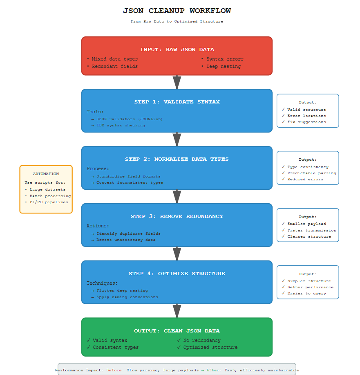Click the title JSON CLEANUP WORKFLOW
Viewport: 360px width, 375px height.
pyautogui.click(x=177, y=11)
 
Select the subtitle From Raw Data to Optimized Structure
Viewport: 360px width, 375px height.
pyautogui.click(x=177, y=21)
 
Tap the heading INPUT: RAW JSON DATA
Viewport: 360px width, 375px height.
pyautogui.click(x=177, y=49)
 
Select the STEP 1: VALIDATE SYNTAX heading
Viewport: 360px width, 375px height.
pyautogui.click(x=177, y=102)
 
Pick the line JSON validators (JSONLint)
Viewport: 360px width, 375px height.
pyautogui.click(x=129, y=119)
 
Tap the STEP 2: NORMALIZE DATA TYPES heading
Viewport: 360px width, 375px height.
pyautogui.click(x=177, y=159)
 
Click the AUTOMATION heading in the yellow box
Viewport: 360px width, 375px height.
pyautogui.click(x=46, y=174)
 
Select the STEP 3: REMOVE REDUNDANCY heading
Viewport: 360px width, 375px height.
pyautogui.click(x=177, y=216)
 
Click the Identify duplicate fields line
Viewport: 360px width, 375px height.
pyautogui.click(x=128, y=234)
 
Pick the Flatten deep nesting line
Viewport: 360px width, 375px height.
pyautogui.click(x=122, y=290)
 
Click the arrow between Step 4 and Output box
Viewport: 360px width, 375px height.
pyautogui.click(x=177, y=311)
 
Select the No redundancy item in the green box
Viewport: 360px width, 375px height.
pyautogui.click(x=201, y=340)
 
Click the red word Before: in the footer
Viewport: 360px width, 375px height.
pyautogui.click(x=115, y=370)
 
